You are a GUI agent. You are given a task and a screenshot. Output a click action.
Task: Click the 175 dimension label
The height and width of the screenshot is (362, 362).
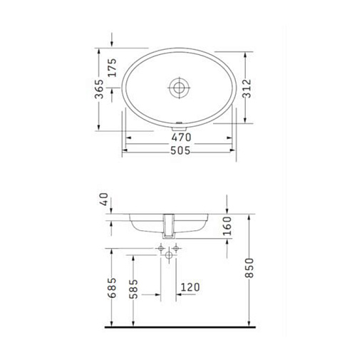(x=112, y=68)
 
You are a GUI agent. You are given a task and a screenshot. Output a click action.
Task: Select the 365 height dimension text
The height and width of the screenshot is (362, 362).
(x=99, y=89)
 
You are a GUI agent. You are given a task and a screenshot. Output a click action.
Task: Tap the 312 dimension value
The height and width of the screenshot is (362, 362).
(x=247, y=88)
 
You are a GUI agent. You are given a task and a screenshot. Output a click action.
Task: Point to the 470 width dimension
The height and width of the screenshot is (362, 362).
(x=182, y=138)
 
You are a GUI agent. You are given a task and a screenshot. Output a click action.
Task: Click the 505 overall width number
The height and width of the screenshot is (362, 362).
(x=180, y=150)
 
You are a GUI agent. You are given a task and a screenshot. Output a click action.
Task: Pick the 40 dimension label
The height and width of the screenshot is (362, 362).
(x=104, y=200)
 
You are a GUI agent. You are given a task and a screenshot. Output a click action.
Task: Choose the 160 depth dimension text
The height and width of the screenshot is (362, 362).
(x=227, y=226)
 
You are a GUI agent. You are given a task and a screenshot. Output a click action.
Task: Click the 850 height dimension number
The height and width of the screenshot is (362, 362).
(x=249, y=268)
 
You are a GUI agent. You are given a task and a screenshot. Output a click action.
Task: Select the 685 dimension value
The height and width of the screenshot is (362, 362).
(x=112, y=288)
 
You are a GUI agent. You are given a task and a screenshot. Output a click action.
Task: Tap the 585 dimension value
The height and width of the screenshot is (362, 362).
(x=134, y=289)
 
